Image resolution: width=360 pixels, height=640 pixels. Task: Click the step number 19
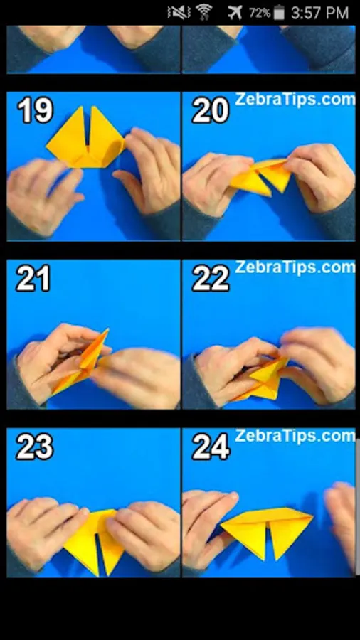(x=35, y=110)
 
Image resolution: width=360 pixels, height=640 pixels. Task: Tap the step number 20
(x=210, y=110)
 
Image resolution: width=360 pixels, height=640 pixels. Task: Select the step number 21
(x=33, y=278)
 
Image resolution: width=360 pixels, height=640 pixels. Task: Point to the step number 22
(x=211, y=278)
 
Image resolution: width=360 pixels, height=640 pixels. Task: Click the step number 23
(x=34, y=447)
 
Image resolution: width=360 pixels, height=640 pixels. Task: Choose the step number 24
(x=211, y=447)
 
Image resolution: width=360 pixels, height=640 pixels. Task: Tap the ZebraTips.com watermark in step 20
(x=295, y=99)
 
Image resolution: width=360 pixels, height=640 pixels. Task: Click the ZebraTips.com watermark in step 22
(x=295, y=267)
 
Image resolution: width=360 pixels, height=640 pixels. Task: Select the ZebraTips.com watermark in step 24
(x=295, y=436)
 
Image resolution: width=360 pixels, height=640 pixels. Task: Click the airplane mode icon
(x=235, y=13)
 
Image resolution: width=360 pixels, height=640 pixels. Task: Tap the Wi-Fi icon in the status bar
(x=203, y=12)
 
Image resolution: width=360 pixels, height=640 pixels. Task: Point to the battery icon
(x=279, y=12)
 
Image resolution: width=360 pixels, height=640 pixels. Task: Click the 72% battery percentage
(x=260, y=13)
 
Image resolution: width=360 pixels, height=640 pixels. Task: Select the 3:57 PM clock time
(x=320, y=13)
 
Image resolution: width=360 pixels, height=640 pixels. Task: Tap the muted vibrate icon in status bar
(x=179, y=13)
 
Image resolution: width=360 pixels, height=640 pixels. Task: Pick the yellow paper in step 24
(x=267, y=530)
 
